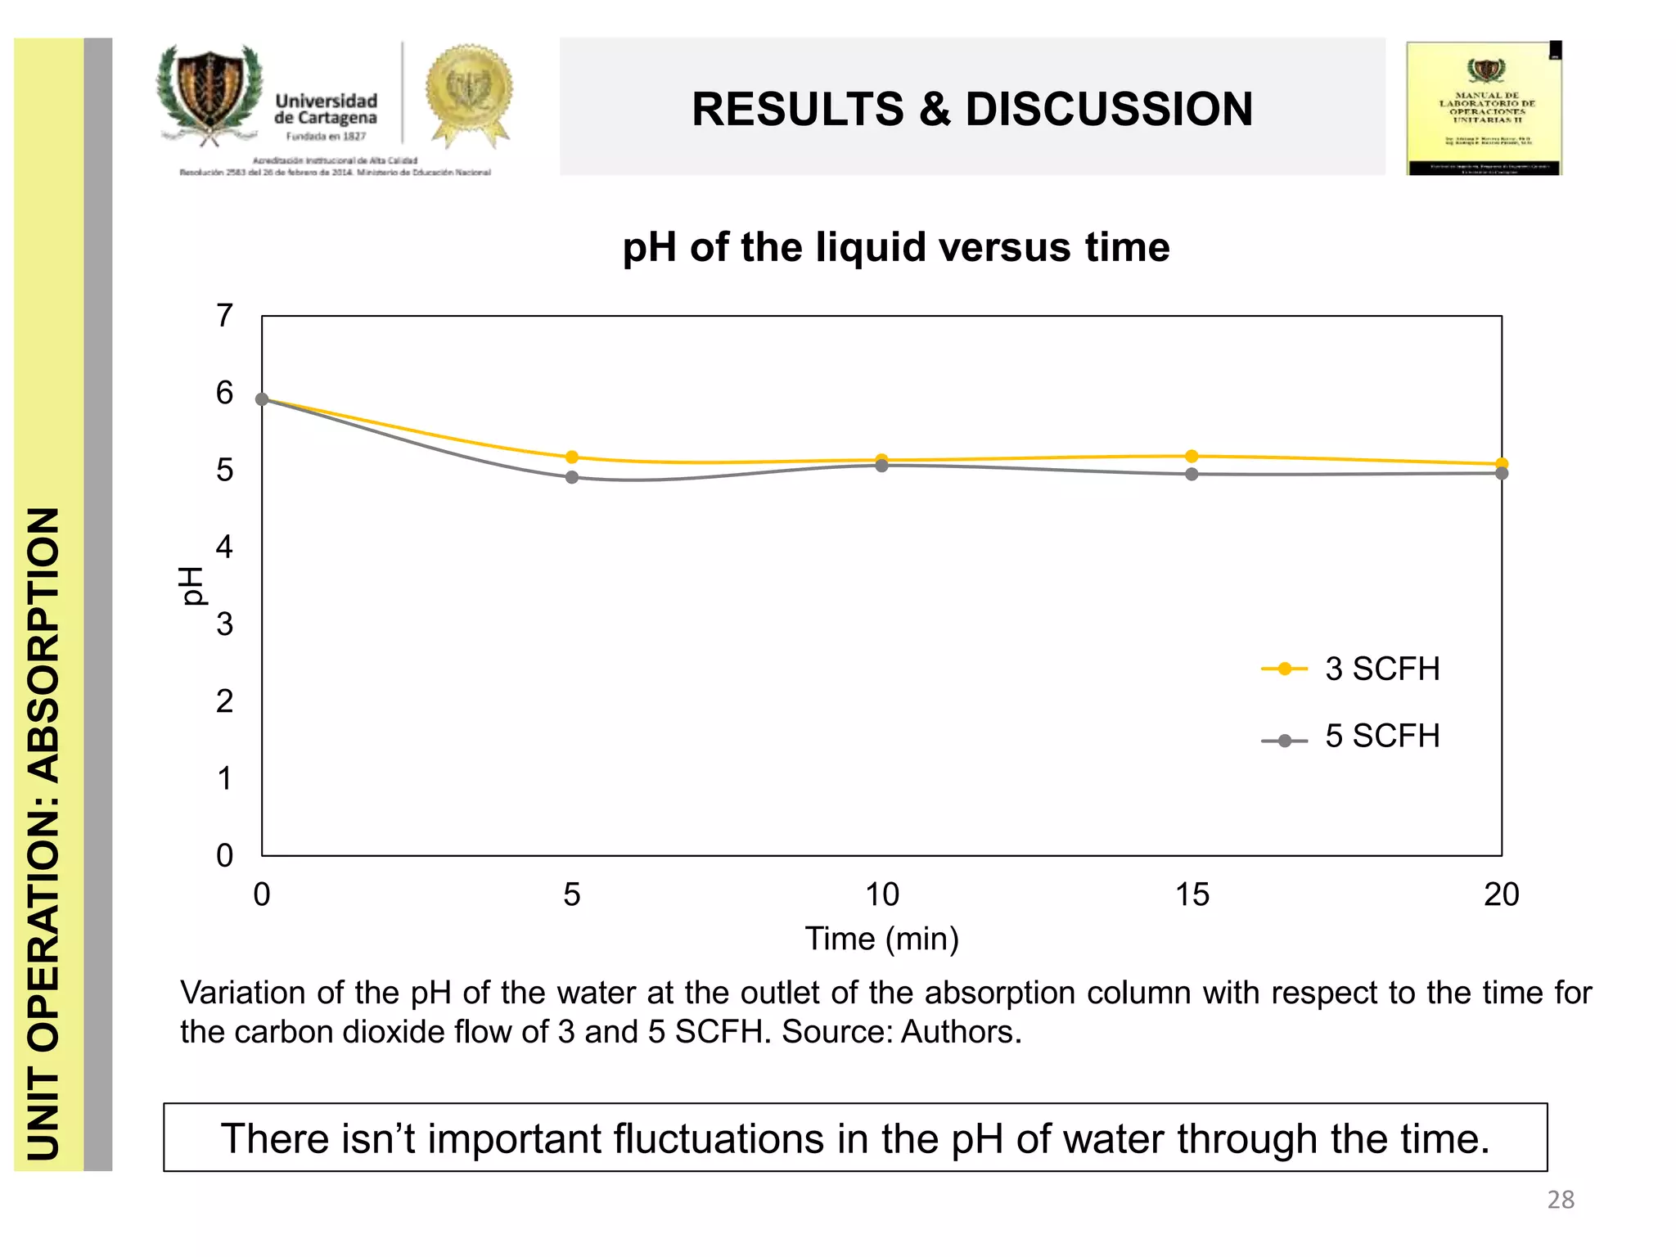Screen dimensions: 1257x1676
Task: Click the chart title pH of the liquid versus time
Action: [895, 247]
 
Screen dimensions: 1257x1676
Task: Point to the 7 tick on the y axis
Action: [224, 316]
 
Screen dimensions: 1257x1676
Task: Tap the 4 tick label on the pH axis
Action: [224, 547]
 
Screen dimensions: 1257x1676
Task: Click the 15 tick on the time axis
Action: [1192, 894]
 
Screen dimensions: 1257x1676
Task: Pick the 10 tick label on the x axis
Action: [881, 894]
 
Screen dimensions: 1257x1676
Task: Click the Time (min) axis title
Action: [881, 939]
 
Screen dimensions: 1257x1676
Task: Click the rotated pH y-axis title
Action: [191, 586]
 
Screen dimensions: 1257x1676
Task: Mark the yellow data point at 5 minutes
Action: [572, 457]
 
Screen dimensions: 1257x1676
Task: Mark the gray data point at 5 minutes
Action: [572, 477]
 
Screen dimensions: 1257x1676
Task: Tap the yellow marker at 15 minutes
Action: [1192, 456]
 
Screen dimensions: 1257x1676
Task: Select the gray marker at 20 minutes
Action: [1501, 474]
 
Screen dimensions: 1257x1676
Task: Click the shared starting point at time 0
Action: [262, 399]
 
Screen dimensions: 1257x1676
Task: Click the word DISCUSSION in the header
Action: [1109, 110]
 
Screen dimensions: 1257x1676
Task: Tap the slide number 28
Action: [1560, 1200]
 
